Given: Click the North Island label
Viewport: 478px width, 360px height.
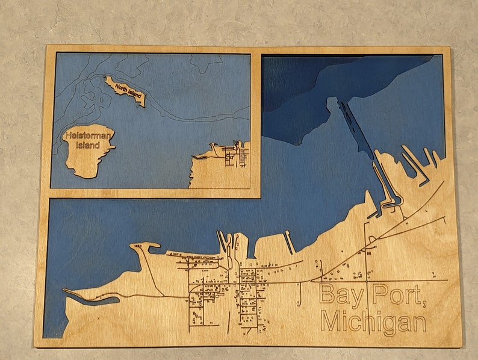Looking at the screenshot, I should coord(127,92).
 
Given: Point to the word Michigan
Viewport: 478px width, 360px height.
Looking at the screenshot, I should coord(373,322).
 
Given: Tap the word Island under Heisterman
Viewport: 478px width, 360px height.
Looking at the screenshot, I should coord(84,146).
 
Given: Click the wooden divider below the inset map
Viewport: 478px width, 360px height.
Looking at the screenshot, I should coord(151,193).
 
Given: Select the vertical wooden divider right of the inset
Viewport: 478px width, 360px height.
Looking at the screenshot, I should coord(257,120).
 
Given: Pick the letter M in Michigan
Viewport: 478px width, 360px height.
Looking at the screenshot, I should coord(331,322).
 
